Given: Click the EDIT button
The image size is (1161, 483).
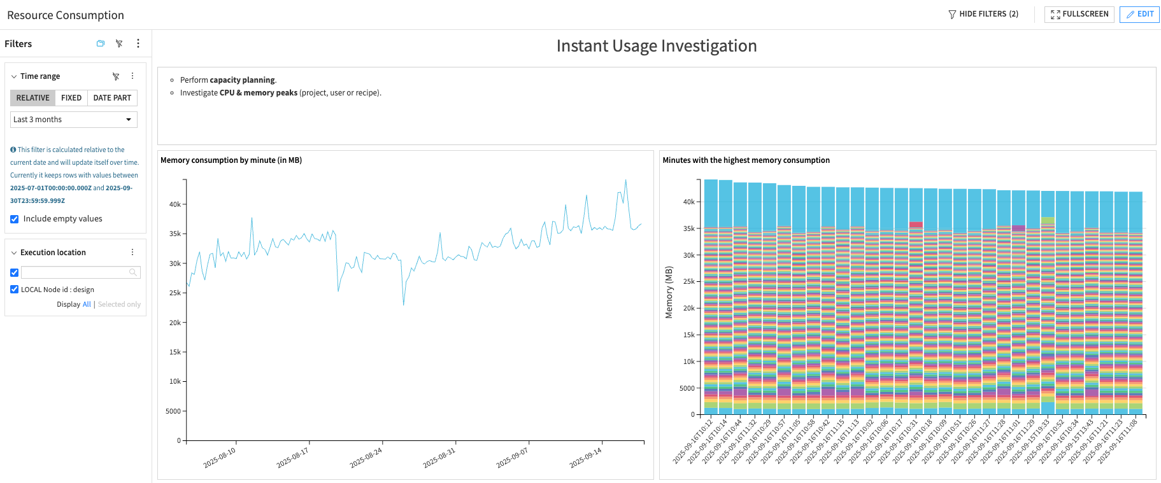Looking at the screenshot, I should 1139,14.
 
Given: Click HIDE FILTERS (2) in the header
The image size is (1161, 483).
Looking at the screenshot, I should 983,14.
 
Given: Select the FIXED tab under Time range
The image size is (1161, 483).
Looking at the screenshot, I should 71,98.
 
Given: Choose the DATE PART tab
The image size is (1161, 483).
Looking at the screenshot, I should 112,98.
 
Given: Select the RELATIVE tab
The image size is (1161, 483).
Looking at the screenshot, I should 32,98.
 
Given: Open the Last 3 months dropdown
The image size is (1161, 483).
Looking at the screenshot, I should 74,120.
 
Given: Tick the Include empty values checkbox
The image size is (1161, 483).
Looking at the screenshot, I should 15,219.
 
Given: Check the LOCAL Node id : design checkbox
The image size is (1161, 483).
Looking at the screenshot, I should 15,290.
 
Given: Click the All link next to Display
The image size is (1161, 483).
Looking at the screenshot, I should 87,305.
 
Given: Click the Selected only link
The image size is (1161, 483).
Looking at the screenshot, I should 119,305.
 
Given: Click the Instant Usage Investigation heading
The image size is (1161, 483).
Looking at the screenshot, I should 656,46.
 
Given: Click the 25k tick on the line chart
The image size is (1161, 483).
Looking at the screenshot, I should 175,293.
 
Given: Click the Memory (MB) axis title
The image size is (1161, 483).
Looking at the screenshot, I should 669,292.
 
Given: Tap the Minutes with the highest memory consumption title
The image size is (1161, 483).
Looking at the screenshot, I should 746,160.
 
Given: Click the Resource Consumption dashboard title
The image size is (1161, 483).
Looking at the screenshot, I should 66,15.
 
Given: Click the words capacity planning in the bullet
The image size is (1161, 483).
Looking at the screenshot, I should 242,80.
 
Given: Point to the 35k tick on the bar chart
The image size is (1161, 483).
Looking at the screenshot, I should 688,228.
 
